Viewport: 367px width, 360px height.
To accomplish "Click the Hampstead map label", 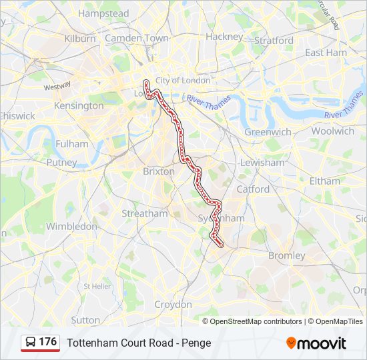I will (x=103, y=13).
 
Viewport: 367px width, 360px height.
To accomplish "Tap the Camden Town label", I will (x=137, y=38).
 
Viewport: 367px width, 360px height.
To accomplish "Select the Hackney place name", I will (x=224, y=37).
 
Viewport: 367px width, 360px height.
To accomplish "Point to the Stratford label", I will (x=274, y=40).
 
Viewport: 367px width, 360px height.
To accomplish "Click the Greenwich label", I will (x=268, y=132).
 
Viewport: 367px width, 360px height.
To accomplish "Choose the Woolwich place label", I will (x=332, y=131).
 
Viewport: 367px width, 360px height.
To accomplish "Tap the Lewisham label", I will (x=262, y=163).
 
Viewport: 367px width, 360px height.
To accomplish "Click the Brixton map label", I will (x=159, y=171).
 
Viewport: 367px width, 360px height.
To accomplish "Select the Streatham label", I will (x=145, y=213).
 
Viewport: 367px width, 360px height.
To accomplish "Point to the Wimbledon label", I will (x=71, y=227).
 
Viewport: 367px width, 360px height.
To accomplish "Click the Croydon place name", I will (x=173, y=304).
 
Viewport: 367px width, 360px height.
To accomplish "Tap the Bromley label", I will (x=286, y=255).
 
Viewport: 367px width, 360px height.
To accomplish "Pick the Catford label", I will (x=253, y=189).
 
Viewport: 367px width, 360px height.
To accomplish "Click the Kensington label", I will (x=79, y=105).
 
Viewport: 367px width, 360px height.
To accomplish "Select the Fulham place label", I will (x=72, y=143).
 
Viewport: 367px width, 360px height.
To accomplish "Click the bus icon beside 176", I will (x=31, y=342).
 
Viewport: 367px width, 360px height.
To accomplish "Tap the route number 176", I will (x=47, y=341).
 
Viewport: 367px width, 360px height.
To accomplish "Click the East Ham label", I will (x=326, y=52).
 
